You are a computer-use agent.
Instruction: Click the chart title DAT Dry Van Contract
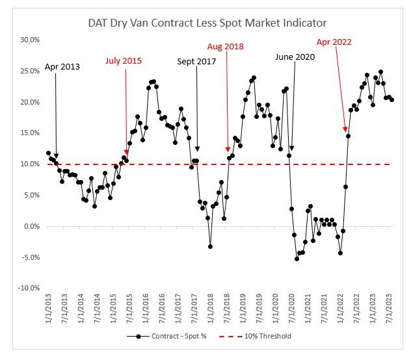click(207, 23)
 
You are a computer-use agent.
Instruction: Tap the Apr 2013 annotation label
click(62, 67)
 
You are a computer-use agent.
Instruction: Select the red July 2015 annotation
click(124, 61)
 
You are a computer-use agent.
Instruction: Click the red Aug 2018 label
click(226, 46)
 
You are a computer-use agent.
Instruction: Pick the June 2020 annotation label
click(295, 57)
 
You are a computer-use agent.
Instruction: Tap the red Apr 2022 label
click(334, 42)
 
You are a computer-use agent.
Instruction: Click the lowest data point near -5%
click(297, 259)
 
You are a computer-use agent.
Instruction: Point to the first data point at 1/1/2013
click(48, 153)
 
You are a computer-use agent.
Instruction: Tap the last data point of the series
click(391, 99)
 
